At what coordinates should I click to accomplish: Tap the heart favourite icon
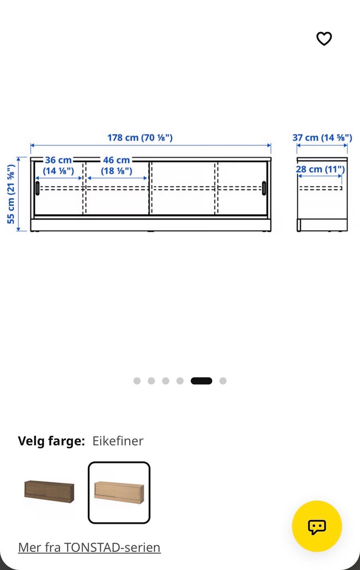coord(324,39)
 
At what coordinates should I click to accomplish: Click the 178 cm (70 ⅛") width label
coord(140,138)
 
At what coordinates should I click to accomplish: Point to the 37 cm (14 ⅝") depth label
coord(322,138)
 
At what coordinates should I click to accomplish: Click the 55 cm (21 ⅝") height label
coord(11,194)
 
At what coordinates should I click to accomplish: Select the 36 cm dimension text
coord(58,160)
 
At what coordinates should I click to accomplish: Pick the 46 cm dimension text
coord(116,160)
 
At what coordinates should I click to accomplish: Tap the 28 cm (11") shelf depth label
coord(320,169)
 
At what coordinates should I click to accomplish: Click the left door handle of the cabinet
coord(37,188)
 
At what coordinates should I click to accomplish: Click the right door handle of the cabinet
coord(264,188)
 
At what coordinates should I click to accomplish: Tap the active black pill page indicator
coord(201,381)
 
